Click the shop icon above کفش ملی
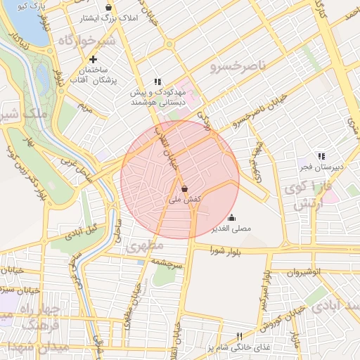[184, 188]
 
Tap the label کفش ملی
[186, 200]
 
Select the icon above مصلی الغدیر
[232, 217]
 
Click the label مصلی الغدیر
[231, 229]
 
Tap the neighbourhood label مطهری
[146, 246]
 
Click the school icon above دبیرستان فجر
[321, 156]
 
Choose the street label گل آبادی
[83, 231]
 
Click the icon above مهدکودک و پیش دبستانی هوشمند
[157, 82]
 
